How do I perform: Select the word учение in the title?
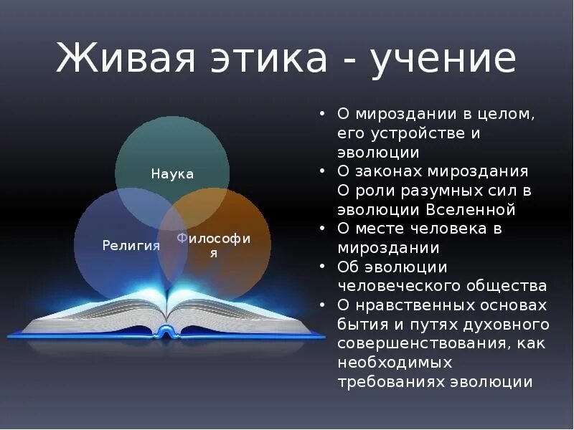(x=443, y=58)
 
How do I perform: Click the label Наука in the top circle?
(x=172, y=174)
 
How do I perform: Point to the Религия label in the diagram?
(x=131, y=246)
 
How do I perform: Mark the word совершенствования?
(x=424, y=343)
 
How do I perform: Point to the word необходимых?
(x=395, y=363)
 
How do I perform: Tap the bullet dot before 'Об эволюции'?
(x=323, y=267)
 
